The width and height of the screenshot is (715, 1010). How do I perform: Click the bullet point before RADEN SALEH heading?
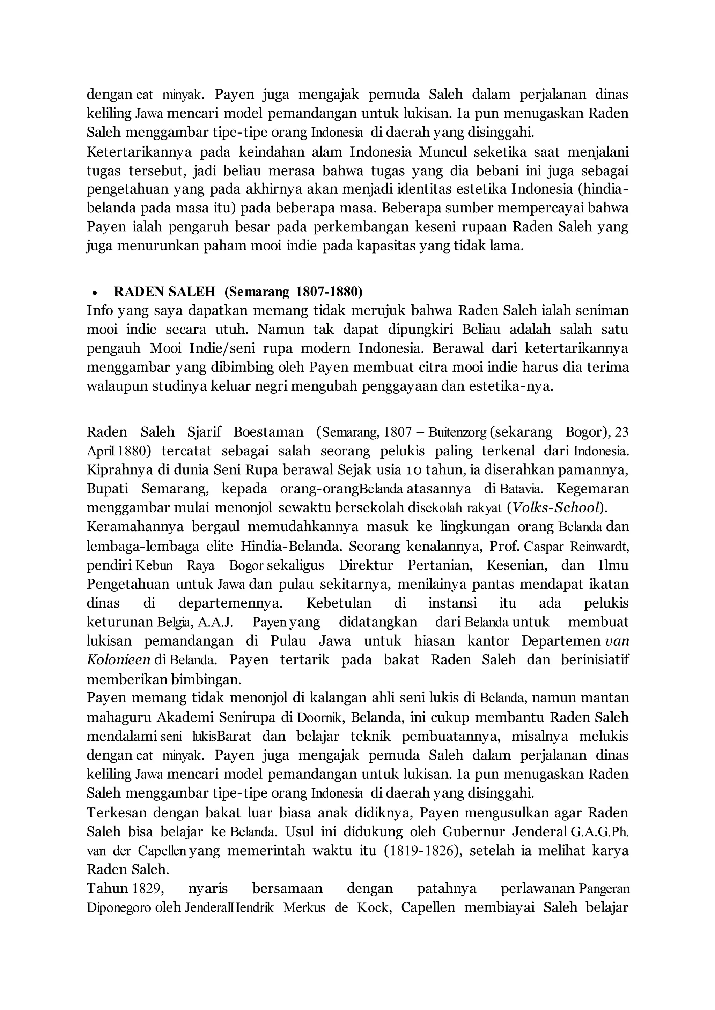pos(94,293)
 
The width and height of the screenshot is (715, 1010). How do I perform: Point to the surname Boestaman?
pos(268,432)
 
